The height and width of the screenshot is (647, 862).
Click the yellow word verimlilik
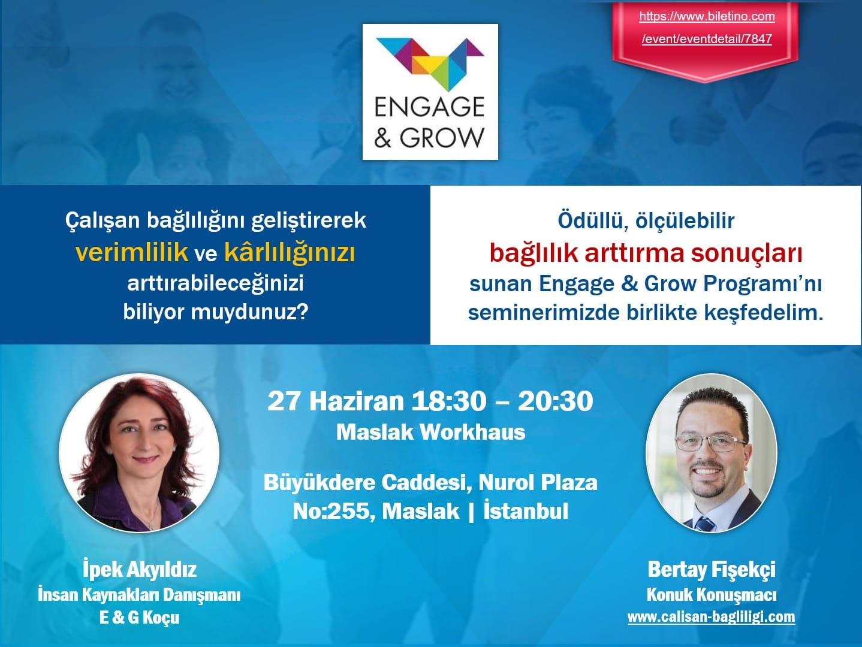132,252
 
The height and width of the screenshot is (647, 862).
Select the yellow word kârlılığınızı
290,252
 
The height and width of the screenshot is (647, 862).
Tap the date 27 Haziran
336,401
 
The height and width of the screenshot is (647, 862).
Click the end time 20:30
555,401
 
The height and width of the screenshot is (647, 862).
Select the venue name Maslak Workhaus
430,432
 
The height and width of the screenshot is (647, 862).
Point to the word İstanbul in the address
526,511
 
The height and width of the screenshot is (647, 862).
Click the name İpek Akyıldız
139,569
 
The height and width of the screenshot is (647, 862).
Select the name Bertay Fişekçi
711,569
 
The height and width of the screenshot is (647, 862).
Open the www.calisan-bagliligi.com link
711,617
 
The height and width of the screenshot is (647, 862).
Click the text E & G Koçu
139,617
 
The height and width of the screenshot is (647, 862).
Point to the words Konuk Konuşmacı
711,595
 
